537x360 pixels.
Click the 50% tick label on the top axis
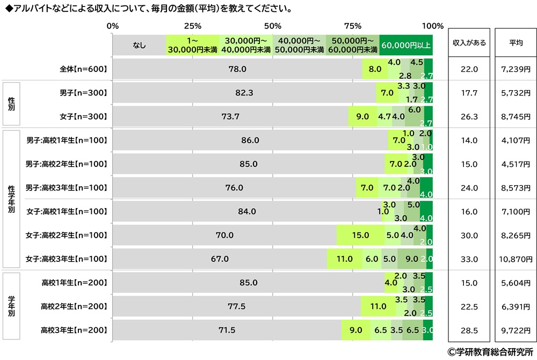coord(273,26)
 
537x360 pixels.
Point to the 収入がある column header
coord(469,43)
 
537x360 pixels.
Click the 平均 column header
coord(515,43)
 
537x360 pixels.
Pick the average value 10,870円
coord(515,259)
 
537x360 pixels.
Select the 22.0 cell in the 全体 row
coord(469,69)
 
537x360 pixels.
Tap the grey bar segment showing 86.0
coord(250,140)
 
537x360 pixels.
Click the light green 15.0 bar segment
coord(360,235)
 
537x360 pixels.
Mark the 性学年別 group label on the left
coord(12,199)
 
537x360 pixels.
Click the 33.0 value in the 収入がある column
coord(469,259)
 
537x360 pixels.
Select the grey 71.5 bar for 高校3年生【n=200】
coord(227,330)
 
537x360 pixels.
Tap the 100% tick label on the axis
coord(433,26)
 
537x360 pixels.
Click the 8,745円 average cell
coord(515,116)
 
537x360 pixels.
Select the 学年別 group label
coord(12,306)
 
